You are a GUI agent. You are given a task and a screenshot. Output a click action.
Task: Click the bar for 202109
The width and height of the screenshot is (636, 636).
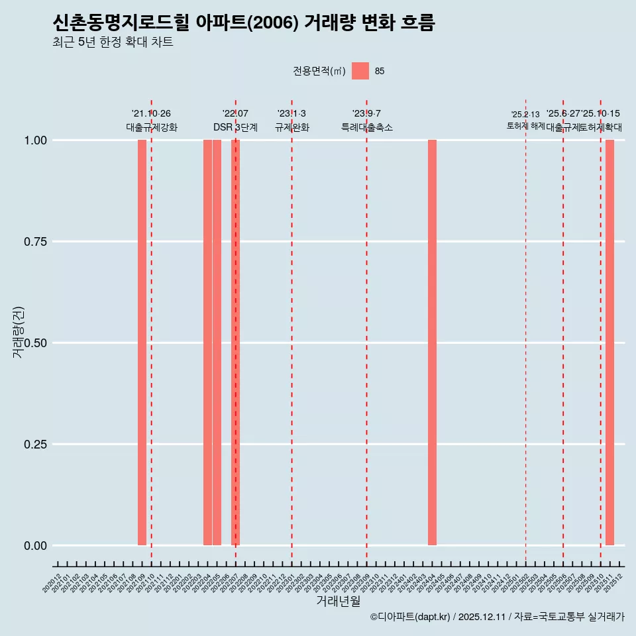click(142, 343)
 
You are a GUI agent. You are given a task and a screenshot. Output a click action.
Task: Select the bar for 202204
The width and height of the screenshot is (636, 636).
click(207, 343)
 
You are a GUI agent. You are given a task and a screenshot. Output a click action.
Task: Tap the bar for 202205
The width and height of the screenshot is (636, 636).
click(217, 343)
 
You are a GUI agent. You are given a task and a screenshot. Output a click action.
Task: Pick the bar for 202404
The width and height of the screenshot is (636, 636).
click(432, 343)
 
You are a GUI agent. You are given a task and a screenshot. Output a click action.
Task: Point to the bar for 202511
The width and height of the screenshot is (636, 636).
click(609, 343)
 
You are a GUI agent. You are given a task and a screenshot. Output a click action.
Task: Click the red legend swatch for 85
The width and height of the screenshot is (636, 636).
click(360, 71)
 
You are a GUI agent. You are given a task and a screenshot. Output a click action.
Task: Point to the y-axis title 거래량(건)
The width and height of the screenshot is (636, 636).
click(19, 333)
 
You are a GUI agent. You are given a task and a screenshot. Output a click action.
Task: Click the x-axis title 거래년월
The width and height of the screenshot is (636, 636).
click(339, 602)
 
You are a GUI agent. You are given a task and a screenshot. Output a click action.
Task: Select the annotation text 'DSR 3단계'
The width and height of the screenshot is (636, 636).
click(235, 127)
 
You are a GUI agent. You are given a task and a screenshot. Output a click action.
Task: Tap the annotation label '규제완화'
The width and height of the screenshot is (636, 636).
click(291, 127)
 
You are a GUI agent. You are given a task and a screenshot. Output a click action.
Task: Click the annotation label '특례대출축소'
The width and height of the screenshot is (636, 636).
click(366, 127)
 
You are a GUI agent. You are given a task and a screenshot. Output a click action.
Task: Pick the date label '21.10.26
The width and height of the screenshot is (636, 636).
click(151, 114)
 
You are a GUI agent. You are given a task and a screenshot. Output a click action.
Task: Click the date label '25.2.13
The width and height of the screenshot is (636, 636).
click(525, 115)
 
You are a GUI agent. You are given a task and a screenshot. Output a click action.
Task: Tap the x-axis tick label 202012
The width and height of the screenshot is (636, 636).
click(52, 584)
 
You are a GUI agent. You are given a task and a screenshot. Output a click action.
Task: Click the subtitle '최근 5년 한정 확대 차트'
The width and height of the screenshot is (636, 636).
click(113, 42)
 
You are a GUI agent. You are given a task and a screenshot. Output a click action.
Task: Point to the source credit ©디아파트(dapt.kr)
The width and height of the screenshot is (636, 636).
click(411, 617)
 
